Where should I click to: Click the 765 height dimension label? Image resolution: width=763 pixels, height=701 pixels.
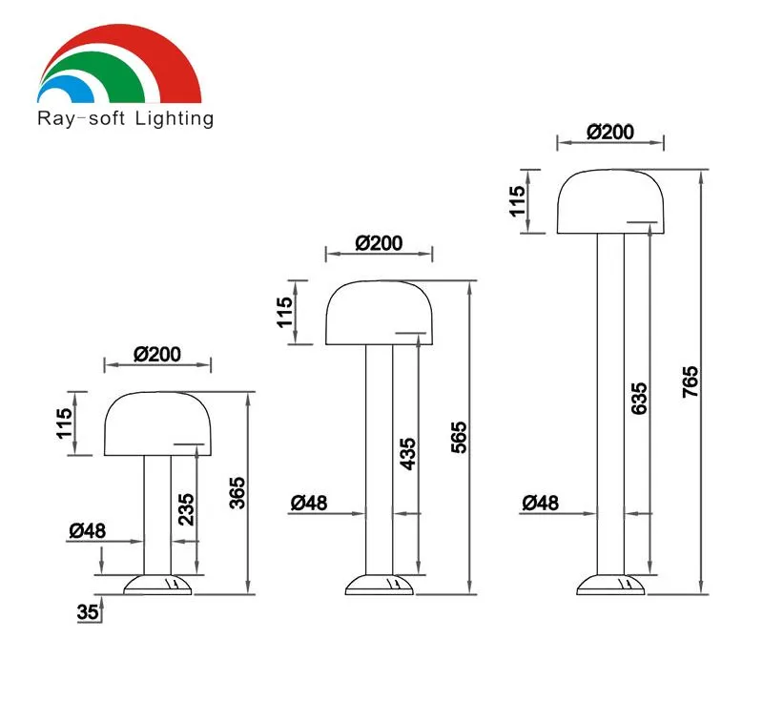(691, 381)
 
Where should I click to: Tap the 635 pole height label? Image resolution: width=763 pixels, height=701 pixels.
(639, 399)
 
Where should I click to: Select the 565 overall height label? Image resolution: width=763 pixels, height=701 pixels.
(459, 438)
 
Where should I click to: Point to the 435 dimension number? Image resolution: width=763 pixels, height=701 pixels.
(408, 454)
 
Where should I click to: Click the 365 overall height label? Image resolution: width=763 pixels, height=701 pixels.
(237, 493)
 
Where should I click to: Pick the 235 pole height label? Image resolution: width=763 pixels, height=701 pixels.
(186, 509)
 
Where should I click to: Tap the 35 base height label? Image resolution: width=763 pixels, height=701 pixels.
(88, 612)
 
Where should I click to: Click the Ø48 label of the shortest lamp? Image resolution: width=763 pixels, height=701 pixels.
(87, 530)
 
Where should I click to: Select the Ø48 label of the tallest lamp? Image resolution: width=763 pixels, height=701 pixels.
(540, 503)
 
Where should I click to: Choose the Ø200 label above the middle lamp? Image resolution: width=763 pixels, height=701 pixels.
(379, 243)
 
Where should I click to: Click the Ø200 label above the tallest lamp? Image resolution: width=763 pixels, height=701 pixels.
(610, 132)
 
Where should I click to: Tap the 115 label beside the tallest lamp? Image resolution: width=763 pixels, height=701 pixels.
(517, 201)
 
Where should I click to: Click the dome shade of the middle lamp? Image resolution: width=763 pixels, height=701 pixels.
(379, 312)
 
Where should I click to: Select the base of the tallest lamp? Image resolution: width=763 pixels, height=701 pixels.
(610, 585)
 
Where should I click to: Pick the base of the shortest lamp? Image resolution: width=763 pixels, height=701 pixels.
(157, 585)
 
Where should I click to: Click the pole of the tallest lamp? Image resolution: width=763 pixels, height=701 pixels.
(610, 403)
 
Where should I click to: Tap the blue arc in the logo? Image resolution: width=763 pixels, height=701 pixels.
(67, 88)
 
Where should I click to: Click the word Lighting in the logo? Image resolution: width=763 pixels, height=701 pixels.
(175, 118)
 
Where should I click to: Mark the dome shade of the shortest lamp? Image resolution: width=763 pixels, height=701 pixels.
(157, 423)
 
